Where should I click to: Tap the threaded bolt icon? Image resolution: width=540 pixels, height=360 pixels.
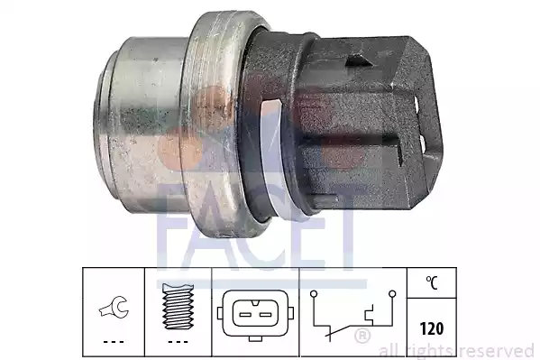pyautogui.click(x=178, y=306)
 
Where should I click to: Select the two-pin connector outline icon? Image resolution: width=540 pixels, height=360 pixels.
pyautogui.click(x=255, y=315)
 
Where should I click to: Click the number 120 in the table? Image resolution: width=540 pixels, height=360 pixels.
pyautogui.click(x=432, y=328)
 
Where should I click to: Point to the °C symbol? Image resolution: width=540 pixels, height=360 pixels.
pyautogui.click(x=432, y=283)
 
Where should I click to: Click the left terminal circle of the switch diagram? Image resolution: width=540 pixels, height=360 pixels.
pyautogui.click(x=314, y=294)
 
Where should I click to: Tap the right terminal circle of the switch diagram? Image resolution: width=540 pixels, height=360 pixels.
pyautogui.click(x=392, y=294)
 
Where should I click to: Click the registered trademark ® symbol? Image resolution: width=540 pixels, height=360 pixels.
pyautogui.click(x=362, y=336)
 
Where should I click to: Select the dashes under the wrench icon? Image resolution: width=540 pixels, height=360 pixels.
pyautogui.click(x=114, y=342)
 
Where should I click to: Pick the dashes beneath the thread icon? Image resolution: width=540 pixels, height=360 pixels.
pyautogui.click(x=178, y=342)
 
